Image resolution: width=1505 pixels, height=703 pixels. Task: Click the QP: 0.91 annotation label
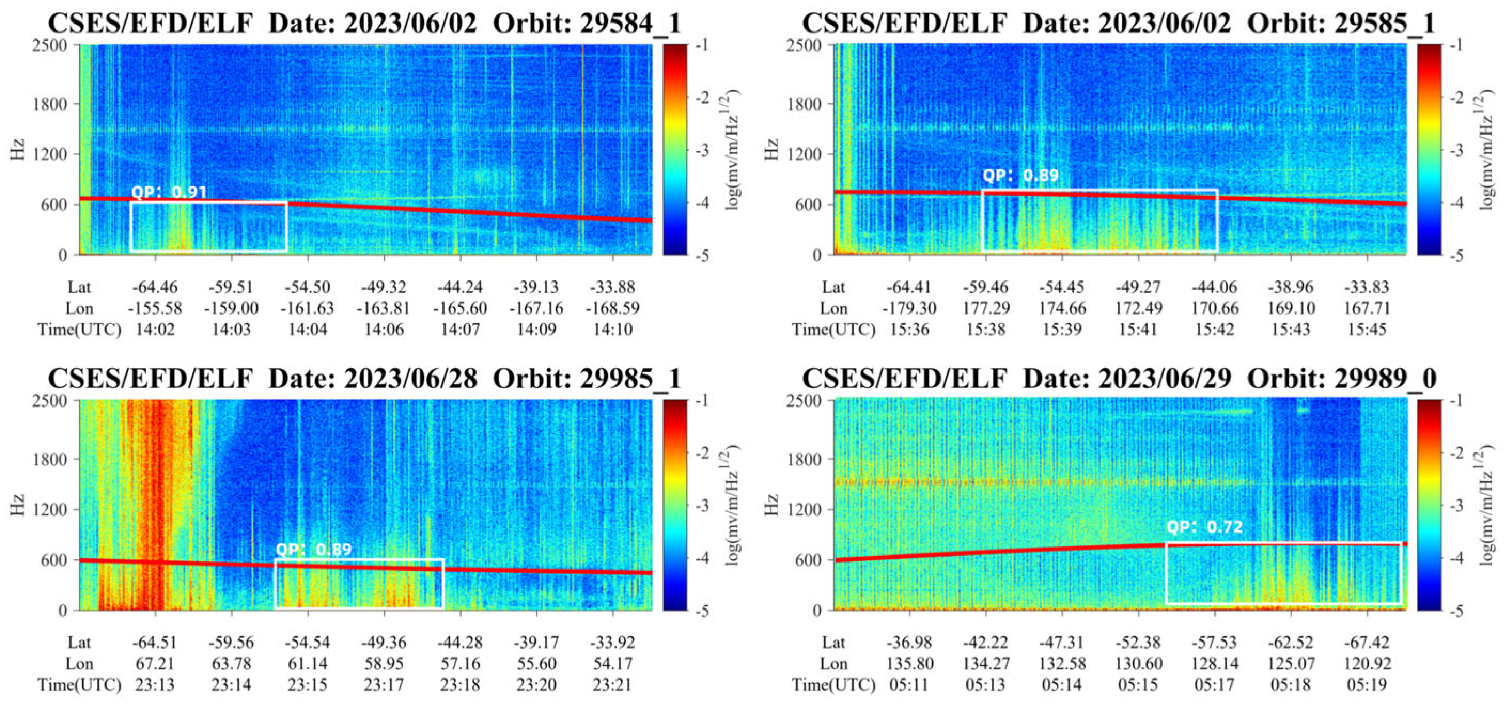click(168, 192)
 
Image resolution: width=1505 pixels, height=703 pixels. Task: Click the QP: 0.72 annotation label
click(1204, 527)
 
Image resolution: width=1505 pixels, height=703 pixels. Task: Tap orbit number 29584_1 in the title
click(631, 24)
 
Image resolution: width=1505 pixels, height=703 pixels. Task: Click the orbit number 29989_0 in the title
click(1386, 379)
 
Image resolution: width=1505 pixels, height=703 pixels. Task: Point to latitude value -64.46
click(155, 287)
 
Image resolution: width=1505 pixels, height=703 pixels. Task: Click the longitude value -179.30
click(910, 308)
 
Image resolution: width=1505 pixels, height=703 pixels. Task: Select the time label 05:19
click(1367, 684)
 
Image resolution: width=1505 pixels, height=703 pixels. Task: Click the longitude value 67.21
click(155, 663)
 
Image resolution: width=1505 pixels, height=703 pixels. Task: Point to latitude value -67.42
click(1367, 642)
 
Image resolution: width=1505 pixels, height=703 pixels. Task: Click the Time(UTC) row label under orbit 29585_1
click(834, 330)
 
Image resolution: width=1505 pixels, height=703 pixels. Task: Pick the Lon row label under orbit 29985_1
click(79, 663)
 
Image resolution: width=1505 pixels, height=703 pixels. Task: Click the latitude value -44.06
click(1215, 287)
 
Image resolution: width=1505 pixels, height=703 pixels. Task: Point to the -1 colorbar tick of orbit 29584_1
click(704, 45)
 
